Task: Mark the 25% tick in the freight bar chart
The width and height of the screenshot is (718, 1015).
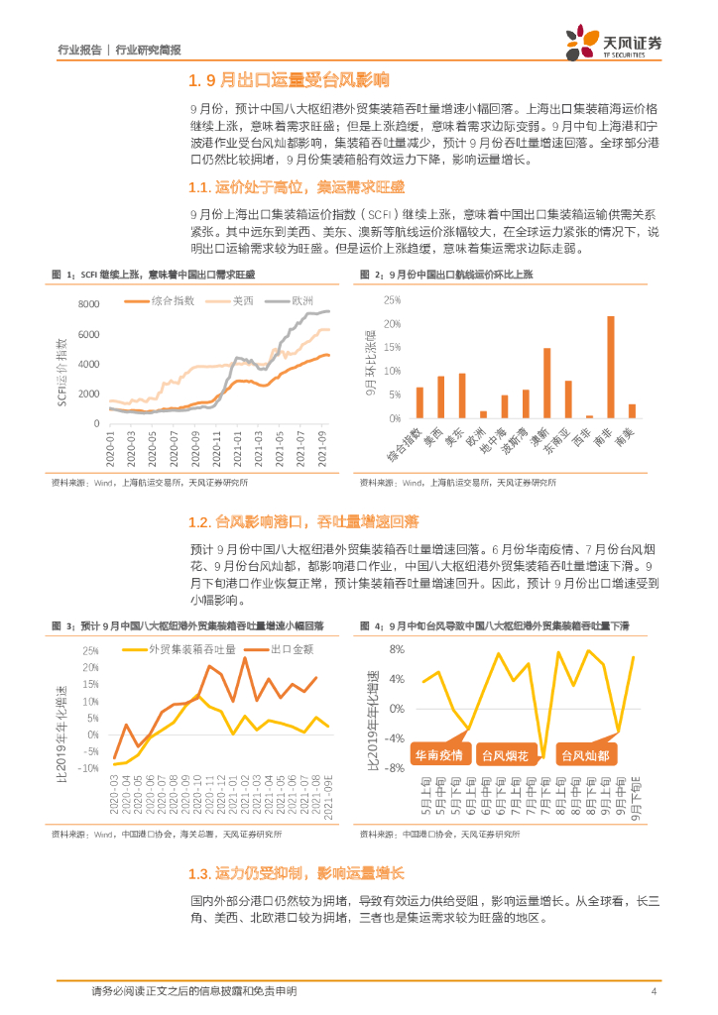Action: [391, 300]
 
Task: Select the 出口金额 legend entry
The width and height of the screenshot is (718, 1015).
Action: [281, 649]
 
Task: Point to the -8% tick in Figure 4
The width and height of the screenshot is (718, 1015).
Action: [394, 768]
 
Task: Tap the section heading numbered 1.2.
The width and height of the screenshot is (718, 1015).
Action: [302, 521]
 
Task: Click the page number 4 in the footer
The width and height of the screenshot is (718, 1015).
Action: [655, 992]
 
